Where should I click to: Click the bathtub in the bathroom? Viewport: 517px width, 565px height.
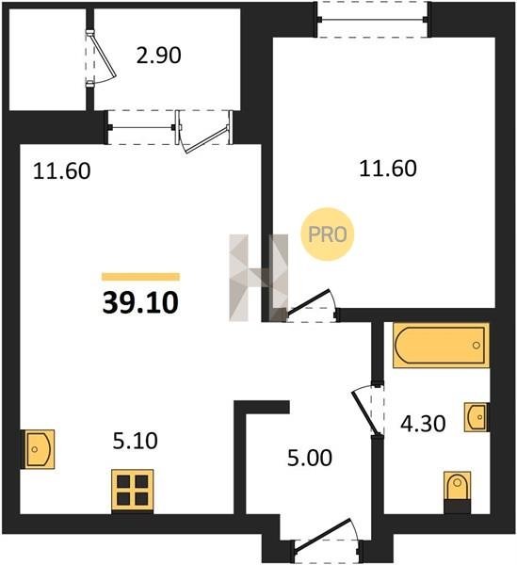[441, 345]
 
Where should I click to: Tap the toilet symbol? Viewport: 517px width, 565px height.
[457, 492]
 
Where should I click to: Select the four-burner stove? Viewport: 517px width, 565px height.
[133, 490]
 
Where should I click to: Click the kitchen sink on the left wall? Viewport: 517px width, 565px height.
[39, 449]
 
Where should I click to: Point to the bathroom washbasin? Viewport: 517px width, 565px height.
[477, 417]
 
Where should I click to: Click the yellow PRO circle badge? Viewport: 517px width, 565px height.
[328, 234]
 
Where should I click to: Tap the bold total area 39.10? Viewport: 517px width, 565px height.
[140, 303]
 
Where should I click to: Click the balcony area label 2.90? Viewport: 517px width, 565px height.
[158, 56]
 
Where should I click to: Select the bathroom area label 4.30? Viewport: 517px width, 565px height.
[423, 424]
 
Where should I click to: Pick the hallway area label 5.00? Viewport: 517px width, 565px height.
[310, 459]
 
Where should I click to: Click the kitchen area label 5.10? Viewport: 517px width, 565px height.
[135, 441]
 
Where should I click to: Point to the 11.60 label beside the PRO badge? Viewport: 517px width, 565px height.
[388, 169]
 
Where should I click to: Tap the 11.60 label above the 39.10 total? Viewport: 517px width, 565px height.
[61, 170]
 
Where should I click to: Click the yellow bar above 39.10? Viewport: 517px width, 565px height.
[140, 277]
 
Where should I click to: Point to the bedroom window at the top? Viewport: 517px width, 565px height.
[373, 19]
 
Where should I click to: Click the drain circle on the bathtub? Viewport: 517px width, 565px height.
[477, 346]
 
